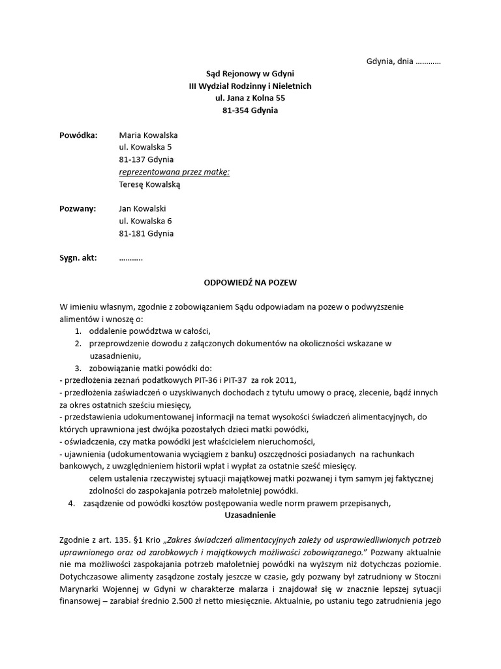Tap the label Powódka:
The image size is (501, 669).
[78, 135]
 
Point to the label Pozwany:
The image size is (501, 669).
[78, 208]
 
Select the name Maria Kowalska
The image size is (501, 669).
[148, 135]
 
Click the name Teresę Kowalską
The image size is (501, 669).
[149, 184]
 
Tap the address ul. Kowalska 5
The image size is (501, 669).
[145, 148]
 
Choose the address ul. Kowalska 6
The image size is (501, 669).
[145, 221]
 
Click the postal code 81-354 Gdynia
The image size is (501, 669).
[250, 110]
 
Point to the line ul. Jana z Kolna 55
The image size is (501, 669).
[250, 98]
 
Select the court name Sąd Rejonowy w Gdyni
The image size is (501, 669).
[250, 74]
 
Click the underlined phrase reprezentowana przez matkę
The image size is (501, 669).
[174, 172]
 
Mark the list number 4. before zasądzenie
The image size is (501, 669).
[72, 503]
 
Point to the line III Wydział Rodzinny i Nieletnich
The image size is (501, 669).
[250, 86]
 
